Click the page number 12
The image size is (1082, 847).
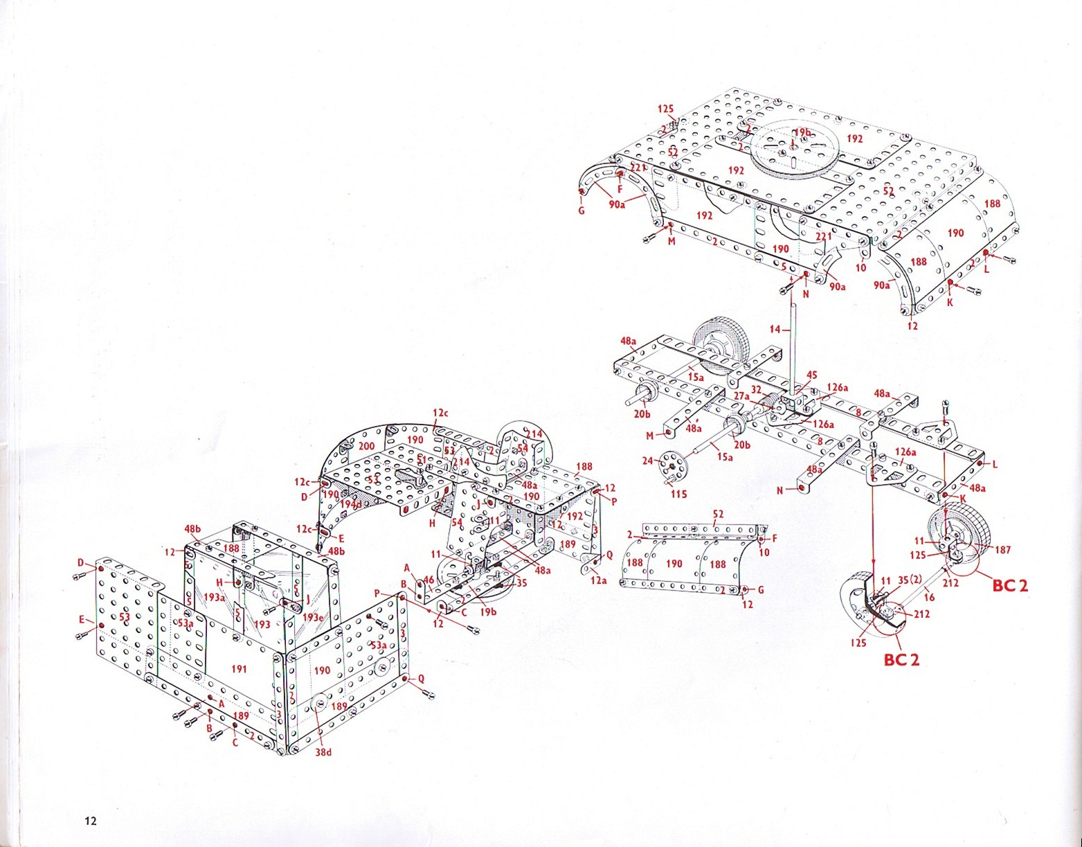pos(90,821)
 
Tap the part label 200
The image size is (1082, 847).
pos(367,445)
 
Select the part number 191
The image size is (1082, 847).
pos(238,669)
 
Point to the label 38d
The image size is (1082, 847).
pos(323,752)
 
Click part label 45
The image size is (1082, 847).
pos(811,375)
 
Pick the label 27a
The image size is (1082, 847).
pos(741,395)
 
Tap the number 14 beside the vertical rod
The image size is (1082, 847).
pos(775,330)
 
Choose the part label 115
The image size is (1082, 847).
pos(678,494)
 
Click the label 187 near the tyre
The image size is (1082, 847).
pos(1002,550)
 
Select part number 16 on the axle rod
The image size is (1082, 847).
pos(929,596)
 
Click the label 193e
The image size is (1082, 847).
pos(313,618)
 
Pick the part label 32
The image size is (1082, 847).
pos(756,390)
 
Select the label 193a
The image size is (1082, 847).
pos(214,597)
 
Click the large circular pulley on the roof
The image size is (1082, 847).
pos(794,150)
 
